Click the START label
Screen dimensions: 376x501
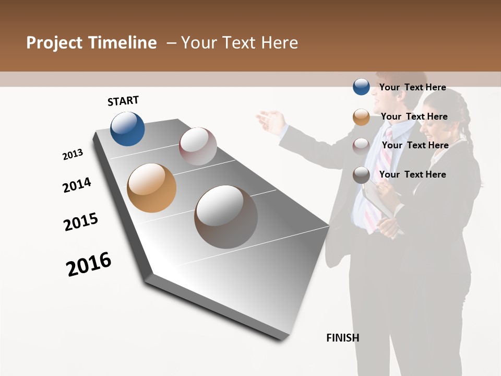(123, 101)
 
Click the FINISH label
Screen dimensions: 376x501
(343, 338)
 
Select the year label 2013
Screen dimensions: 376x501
(73, 155)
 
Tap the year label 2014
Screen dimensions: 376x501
(77, 185)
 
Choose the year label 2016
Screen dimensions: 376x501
(89, 264)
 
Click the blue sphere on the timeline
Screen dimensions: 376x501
(127, 128)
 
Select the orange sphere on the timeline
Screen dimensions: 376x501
(151, 187)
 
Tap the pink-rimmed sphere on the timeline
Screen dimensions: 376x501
(198, 146)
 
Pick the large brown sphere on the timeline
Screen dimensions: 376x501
(226, 217)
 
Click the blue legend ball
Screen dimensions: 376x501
(361, 87)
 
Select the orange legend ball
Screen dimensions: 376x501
(361, 117)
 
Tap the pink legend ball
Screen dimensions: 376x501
(361, 146)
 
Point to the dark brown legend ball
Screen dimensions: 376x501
(361, 175)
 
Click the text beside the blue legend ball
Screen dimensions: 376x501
(412, 87)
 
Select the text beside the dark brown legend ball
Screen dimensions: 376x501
(412, 174)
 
